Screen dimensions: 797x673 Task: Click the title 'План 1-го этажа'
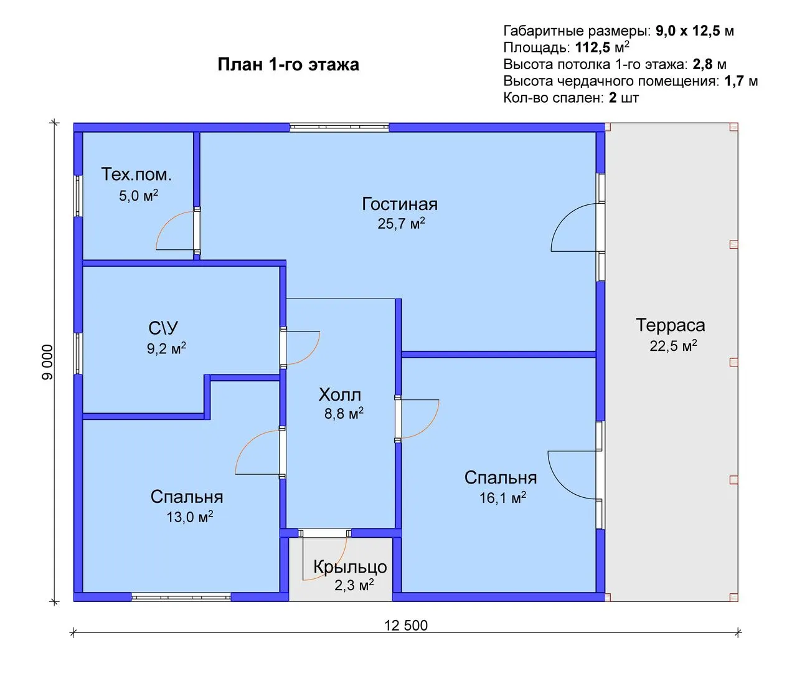(x=288, y=65)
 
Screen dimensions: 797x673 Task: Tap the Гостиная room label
(x=400, y=204)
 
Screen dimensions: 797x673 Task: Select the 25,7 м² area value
(x=401, y=223)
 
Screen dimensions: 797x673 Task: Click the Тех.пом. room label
(x=136, y=174)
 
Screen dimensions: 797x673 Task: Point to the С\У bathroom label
(x=163, y=328)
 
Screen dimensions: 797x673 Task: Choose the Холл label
(x=340, y=394)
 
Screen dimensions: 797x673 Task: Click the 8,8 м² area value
(x=344, y=413)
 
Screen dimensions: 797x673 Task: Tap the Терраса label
(x=670, y=325)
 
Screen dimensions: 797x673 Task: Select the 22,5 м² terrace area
(x=673, y=345)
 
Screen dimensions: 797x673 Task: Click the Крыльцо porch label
(x=350, y=567)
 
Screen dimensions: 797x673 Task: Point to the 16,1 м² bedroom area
(x=502, y=498)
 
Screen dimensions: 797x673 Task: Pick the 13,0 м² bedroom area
(x=190, y=517)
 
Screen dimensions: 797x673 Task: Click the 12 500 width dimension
(x=406, y=625)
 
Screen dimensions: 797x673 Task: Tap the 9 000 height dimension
(x=48, y=362)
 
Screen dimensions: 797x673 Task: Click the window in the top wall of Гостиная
(x=339, y=127)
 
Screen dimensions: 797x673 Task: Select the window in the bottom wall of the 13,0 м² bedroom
(x=181, y=597)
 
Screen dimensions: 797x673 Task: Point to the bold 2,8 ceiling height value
(x=703, y=64)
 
